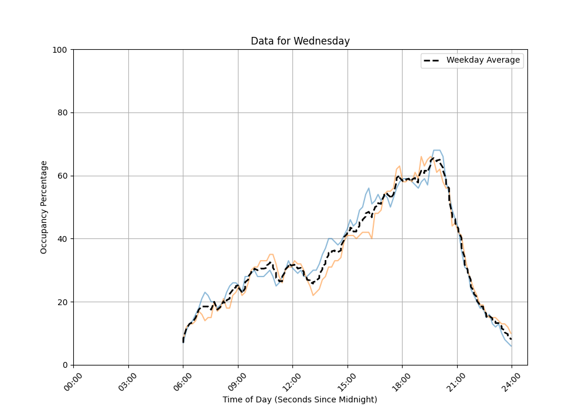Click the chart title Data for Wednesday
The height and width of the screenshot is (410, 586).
click(x=300, y=41)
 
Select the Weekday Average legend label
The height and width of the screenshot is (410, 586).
click(x=483, y=60)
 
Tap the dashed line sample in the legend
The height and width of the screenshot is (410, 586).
click(x=432, y=60)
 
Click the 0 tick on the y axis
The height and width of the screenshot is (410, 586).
click(x=65, y=365)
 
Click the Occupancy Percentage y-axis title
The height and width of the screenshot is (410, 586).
click(x=44, y=207)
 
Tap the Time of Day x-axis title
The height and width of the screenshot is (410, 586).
click(x=300, y=399)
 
